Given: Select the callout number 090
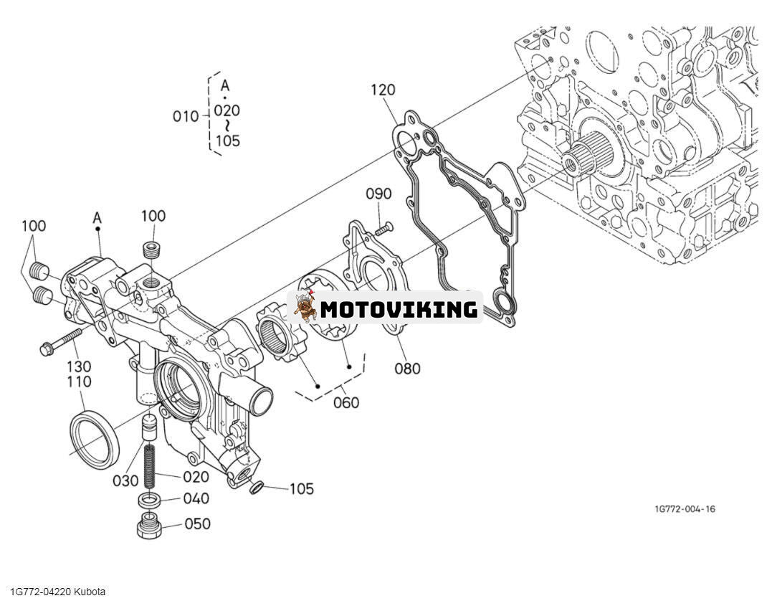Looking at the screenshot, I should click(378, 194).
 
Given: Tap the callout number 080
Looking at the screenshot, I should click(407, 369).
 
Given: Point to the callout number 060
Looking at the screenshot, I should click(346, 402).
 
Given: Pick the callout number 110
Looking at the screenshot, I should click(79, 382).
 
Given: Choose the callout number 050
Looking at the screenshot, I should click(197, 523).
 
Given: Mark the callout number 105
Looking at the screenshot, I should click(302, 489).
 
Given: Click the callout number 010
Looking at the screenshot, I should click(186, 115).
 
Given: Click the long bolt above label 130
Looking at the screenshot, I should click(64, 341).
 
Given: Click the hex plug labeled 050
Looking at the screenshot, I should click(148, 527).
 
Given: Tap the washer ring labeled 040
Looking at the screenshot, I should click(149, 500).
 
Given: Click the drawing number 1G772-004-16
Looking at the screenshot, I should click(684, 509).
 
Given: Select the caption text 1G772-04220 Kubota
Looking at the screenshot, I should click(57, 592).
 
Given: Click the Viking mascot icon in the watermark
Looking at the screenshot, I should click(305, 308).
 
